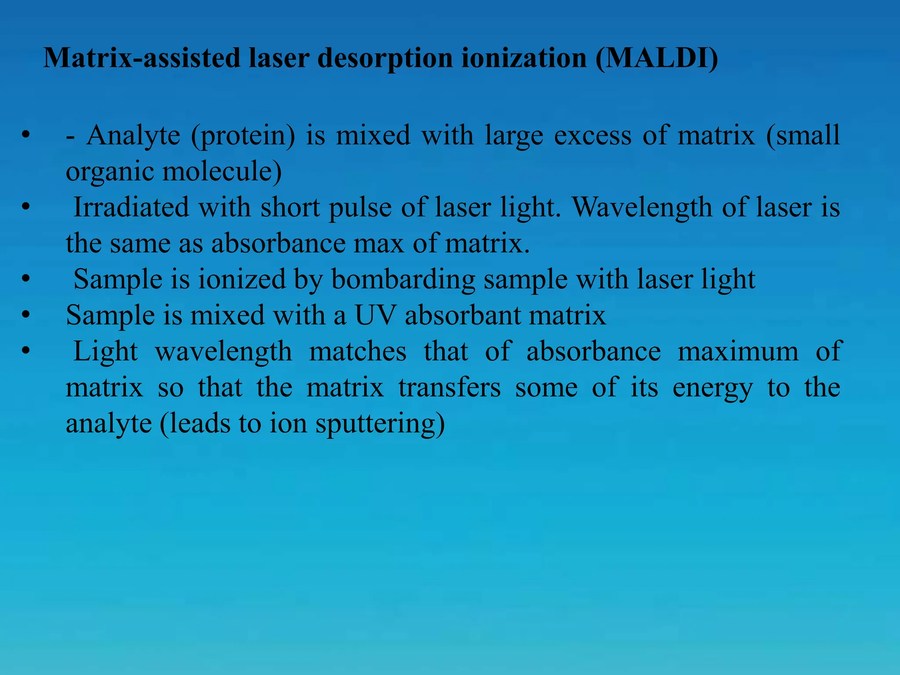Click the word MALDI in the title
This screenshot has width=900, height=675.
(657, 58)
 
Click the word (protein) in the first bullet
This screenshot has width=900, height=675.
(243, 136)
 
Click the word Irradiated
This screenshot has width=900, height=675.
(131, 207)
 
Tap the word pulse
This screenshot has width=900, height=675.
(360, 208)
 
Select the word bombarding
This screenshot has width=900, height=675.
(403, 279)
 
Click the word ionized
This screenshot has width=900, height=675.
(242, 279)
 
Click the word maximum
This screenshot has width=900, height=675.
(738, 352)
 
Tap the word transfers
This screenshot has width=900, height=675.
(450, 388)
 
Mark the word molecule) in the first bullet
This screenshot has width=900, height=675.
(222, 171)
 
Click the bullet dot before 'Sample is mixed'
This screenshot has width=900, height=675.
(26, 315)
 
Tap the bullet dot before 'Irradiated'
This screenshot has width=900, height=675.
(26, 207)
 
